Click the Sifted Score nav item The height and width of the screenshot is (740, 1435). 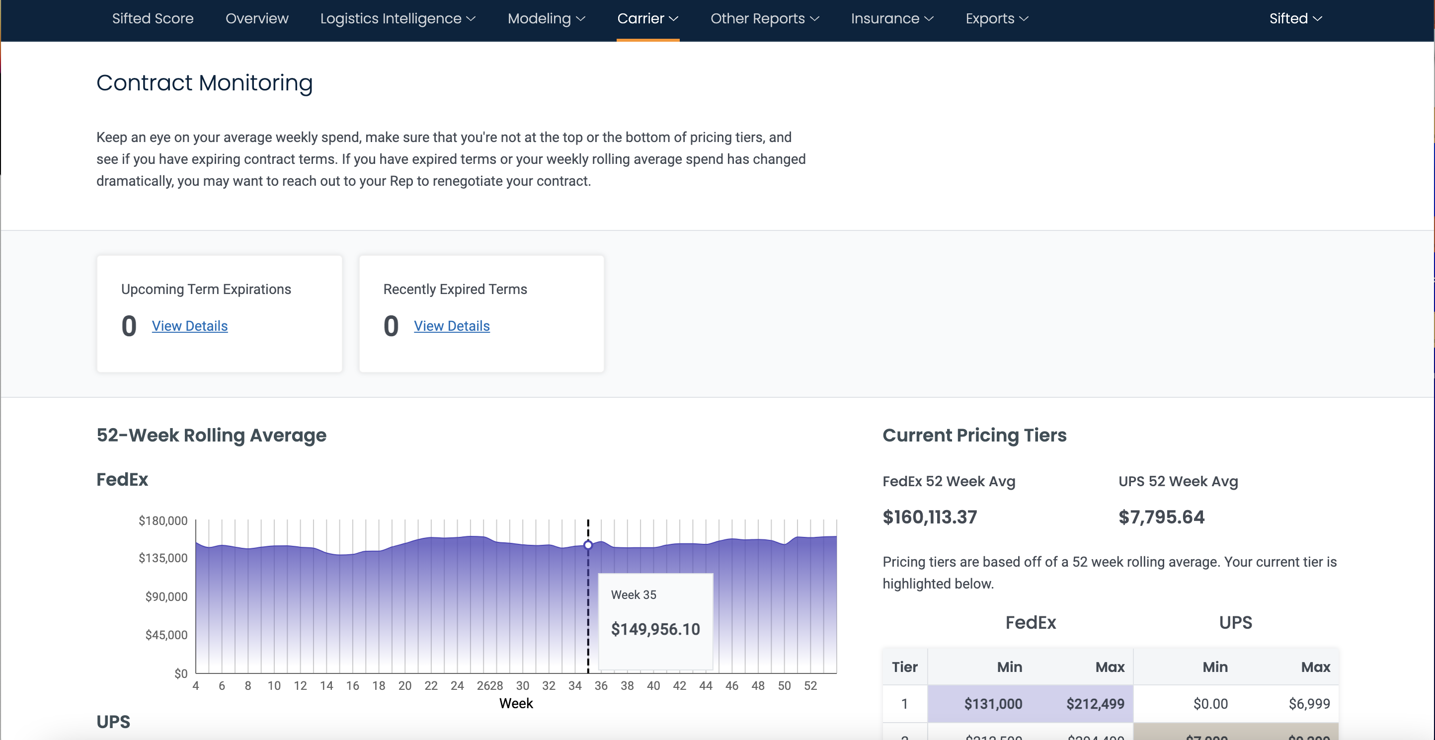coord(153,18)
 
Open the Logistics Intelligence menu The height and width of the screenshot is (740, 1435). coord(397,18)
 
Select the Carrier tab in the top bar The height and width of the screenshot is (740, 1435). coord(647,18)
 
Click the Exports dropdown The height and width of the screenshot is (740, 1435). coord(997,18)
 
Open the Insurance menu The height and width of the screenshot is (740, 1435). coord(892,18)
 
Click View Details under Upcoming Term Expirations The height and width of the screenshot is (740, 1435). coord(189,326)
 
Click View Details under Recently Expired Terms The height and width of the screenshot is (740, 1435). coord(451,326)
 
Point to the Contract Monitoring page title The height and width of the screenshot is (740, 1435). coord(204,83)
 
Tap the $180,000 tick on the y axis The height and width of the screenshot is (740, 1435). coord(162,520)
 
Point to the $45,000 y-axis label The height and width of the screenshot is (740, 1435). coord(166,635)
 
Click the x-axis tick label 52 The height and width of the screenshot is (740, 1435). coord(810,685)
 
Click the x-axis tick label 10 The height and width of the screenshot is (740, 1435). coord(273,685)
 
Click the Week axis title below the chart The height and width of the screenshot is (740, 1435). coord(516,703)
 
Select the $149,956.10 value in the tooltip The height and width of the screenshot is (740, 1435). coord(655,629)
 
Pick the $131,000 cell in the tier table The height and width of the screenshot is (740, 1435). coord(993,704)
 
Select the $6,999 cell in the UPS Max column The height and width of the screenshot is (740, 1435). coord(1309,704)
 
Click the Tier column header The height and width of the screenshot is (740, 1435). coord(904,667)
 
